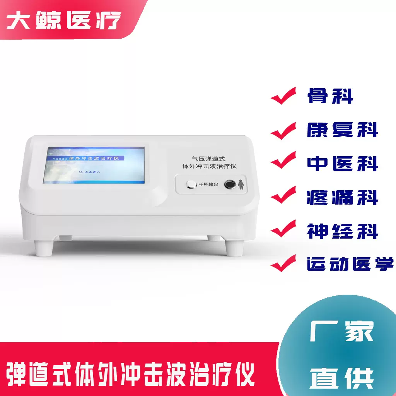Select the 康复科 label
click(x=342, y=130)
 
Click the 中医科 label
click(x=342, y=164)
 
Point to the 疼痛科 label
click(x=342, y=197)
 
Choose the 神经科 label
click(x=342, y=231)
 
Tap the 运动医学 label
click(x=350, y=264)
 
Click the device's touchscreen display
click(x=96, y=165)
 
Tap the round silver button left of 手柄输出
click(x=191, y=185)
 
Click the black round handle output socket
click(x=230, y=184)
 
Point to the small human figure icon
click(x=242, y=184)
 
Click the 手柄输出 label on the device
click(x=208, y=185)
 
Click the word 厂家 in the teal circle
click(x=342, y=332)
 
